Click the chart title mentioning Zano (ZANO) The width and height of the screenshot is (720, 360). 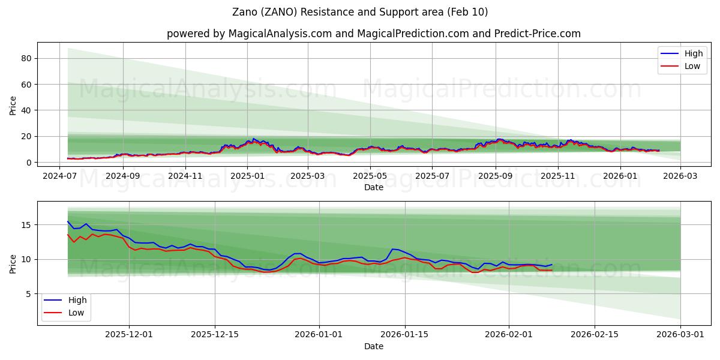(x=359, y=12)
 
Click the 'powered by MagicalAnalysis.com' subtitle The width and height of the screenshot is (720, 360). (x=373, y=34)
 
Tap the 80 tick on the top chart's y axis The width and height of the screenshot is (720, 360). (x=26, y=58)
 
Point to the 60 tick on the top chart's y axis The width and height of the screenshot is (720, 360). (x=26, y=85)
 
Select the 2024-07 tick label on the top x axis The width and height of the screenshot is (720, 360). (x=59, y=176)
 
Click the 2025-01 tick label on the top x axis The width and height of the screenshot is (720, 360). (x=247, y=176)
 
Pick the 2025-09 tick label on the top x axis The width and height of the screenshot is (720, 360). (x=496, y=176)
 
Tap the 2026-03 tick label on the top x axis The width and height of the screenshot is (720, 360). (x=680, y=176)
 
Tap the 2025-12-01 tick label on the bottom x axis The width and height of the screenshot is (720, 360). (x=129, y=334)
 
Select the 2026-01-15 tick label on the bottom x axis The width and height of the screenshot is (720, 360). (x=404, y=334)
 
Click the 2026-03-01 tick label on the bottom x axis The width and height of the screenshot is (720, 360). (x=680, y=334)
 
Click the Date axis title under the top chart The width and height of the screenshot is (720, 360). (x=373, y=187)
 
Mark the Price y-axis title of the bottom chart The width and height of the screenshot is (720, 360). (x=13, y=263)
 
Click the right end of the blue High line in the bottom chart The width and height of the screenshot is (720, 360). (x=552, y=264)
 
